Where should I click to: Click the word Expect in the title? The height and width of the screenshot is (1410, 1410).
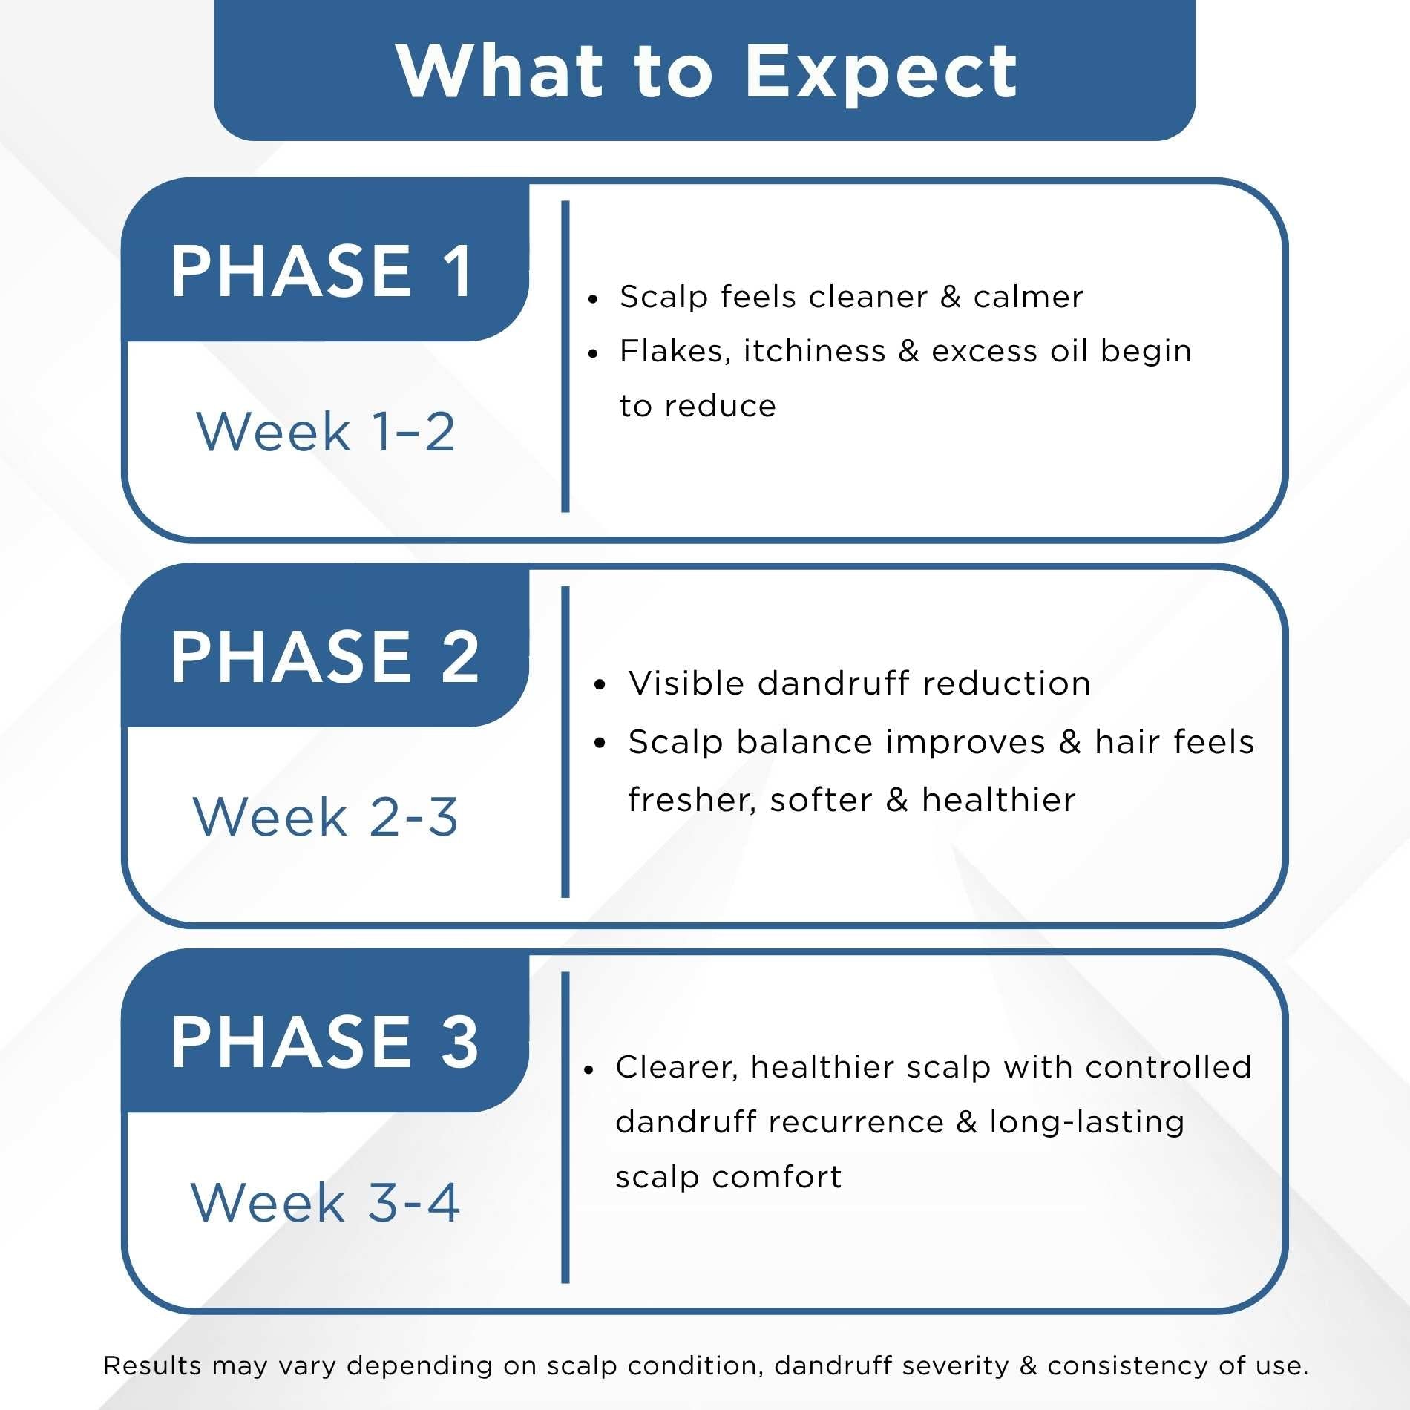click(881, 72)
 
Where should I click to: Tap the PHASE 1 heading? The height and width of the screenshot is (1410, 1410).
click(321, 272)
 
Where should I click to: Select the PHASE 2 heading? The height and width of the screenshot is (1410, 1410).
click(324, 657)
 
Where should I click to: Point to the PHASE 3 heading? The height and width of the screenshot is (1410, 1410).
click(324, 1042)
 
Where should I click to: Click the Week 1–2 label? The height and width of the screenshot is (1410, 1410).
click(325, 431)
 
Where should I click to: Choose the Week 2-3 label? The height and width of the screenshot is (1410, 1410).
click(325, 817)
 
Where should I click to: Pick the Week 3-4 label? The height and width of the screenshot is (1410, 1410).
click(325, 1202)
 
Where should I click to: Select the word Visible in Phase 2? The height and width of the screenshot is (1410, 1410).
click(686, 683)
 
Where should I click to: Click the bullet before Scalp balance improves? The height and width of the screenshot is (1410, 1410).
click(600, 743)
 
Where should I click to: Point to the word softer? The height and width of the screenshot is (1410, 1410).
click(821, 800)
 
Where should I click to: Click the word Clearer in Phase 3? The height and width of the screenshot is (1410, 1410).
click(676, 1067)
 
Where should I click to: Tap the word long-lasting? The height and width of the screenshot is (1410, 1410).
click(1086, 1122)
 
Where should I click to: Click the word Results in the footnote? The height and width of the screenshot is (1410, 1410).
click(152, 1365)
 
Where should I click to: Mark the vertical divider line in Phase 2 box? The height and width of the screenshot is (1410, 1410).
click(565, 742)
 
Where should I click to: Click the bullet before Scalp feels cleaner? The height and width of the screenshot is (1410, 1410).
click(592, 300)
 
